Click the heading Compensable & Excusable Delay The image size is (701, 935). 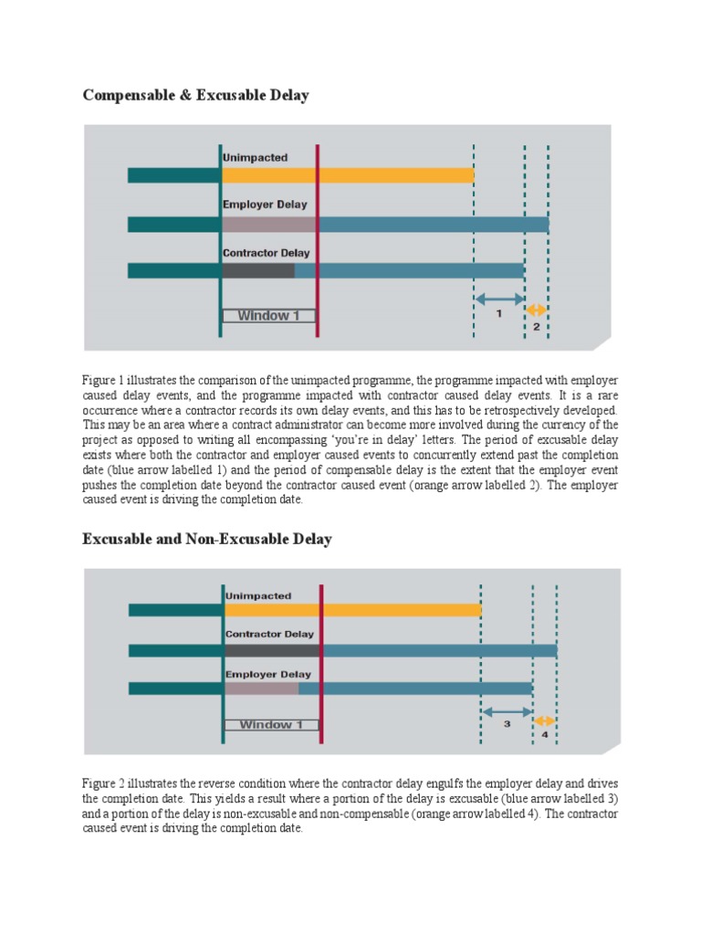195,96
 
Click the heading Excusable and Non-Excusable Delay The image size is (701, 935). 207,540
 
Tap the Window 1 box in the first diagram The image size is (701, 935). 268,316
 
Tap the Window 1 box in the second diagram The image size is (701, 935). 271,725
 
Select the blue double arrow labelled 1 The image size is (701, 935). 499,298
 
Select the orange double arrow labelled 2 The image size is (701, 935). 537,309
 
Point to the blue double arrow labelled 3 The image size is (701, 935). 507,710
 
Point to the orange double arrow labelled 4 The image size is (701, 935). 545,720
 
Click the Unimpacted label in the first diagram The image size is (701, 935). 255,158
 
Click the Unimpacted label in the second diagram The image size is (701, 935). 258,596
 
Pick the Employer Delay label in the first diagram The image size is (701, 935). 265,205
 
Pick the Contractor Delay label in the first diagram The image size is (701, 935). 266,253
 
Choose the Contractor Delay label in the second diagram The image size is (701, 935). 269,634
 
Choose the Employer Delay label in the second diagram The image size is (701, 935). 268,675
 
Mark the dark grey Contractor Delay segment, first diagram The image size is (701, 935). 258,270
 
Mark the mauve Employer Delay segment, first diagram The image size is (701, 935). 269,224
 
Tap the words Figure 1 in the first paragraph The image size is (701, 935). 104,379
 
